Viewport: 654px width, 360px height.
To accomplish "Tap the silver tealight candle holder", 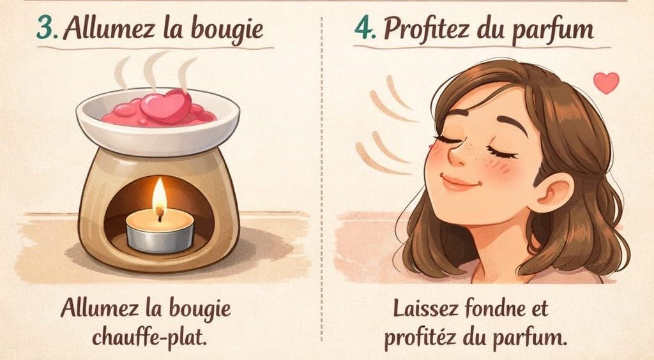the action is (x=160, y=239).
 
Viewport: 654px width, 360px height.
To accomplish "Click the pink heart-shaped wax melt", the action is (x=166, y=106).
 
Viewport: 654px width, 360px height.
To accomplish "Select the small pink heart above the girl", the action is (x=606, y=82).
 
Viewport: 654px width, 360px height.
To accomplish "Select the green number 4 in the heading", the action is (x=364, y=28).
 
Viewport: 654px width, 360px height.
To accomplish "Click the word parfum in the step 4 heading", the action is (x=552, y=31).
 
